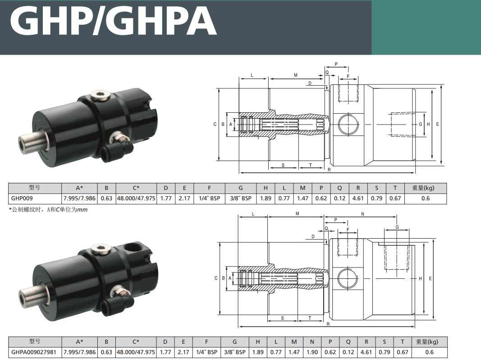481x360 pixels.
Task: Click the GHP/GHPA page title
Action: click(x=114, y=21)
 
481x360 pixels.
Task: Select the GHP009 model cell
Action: click(x=22, y=198)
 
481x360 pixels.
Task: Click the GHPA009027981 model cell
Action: click(x=34, y=352)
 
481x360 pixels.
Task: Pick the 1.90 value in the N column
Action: click(x=312, y=352)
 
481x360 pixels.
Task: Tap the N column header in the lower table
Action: click(x=312, y=342)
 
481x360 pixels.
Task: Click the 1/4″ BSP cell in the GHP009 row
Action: click(x=210, y=198)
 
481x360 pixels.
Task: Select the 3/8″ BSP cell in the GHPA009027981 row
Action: click(x=235, y=352)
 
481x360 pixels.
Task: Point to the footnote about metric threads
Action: click(x=49, y=210)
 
